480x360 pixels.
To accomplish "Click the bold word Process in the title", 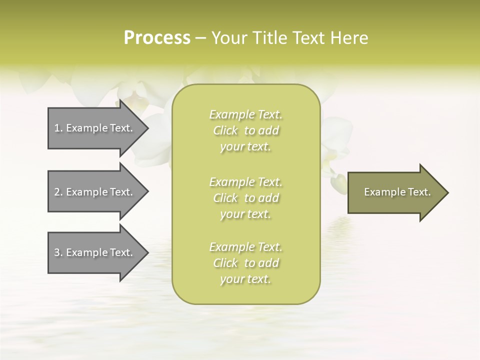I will [157, 38].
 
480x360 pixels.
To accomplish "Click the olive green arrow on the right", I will [395, 192].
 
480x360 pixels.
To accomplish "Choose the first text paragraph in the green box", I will [246, 130].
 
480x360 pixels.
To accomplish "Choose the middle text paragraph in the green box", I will [246, 198].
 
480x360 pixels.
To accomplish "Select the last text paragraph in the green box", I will [246, 263].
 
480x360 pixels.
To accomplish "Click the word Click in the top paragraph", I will [225, 130].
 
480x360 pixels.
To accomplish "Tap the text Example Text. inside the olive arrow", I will [397, 192].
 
